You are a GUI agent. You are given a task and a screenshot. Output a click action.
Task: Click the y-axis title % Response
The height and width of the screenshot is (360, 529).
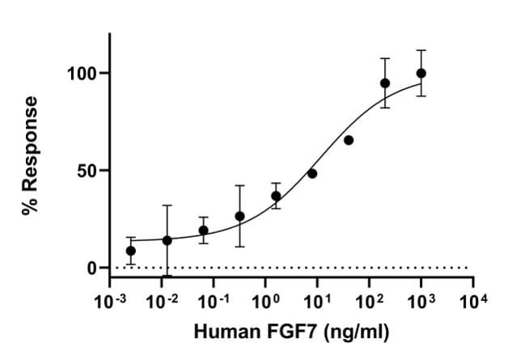tap(31, 155)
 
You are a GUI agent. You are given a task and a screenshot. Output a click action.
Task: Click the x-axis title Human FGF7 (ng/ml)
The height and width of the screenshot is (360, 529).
tap(290, 332)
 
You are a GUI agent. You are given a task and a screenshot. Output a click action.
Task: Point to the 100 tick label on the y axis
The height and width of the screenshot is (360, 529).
tap(81, 74)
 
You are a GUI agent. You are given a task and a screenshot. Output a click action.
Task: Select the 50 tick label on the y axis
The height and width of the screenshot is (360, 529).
tap(86, 171)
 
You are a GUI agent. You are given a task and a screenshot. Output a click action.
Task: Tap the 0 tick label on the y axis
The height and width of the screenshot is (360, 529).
tap(91, 268)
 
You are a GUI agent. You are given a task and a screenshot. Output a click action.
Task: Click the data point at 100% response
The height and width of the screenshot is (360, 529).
tap(421, 74)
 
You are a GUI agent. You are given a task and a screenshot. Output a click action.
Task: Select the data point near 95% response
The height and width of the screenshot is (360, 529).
tap(385, 83)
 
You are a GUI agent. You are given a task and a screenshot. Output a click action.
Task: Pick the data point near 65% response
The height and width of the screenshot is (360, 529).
tap(349, 140)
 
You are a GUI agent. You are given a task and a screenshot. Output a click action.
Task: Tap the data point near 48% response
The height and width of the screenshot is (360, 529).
tap(312, 173)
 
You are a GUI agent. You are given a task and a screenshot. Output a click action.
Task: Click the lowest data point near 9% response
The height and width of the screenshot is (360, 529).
tap(131, 251)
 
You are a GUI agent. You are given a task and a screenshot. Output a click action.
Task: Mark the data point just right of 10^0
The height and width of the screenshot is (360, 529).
tap(276, 196)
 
